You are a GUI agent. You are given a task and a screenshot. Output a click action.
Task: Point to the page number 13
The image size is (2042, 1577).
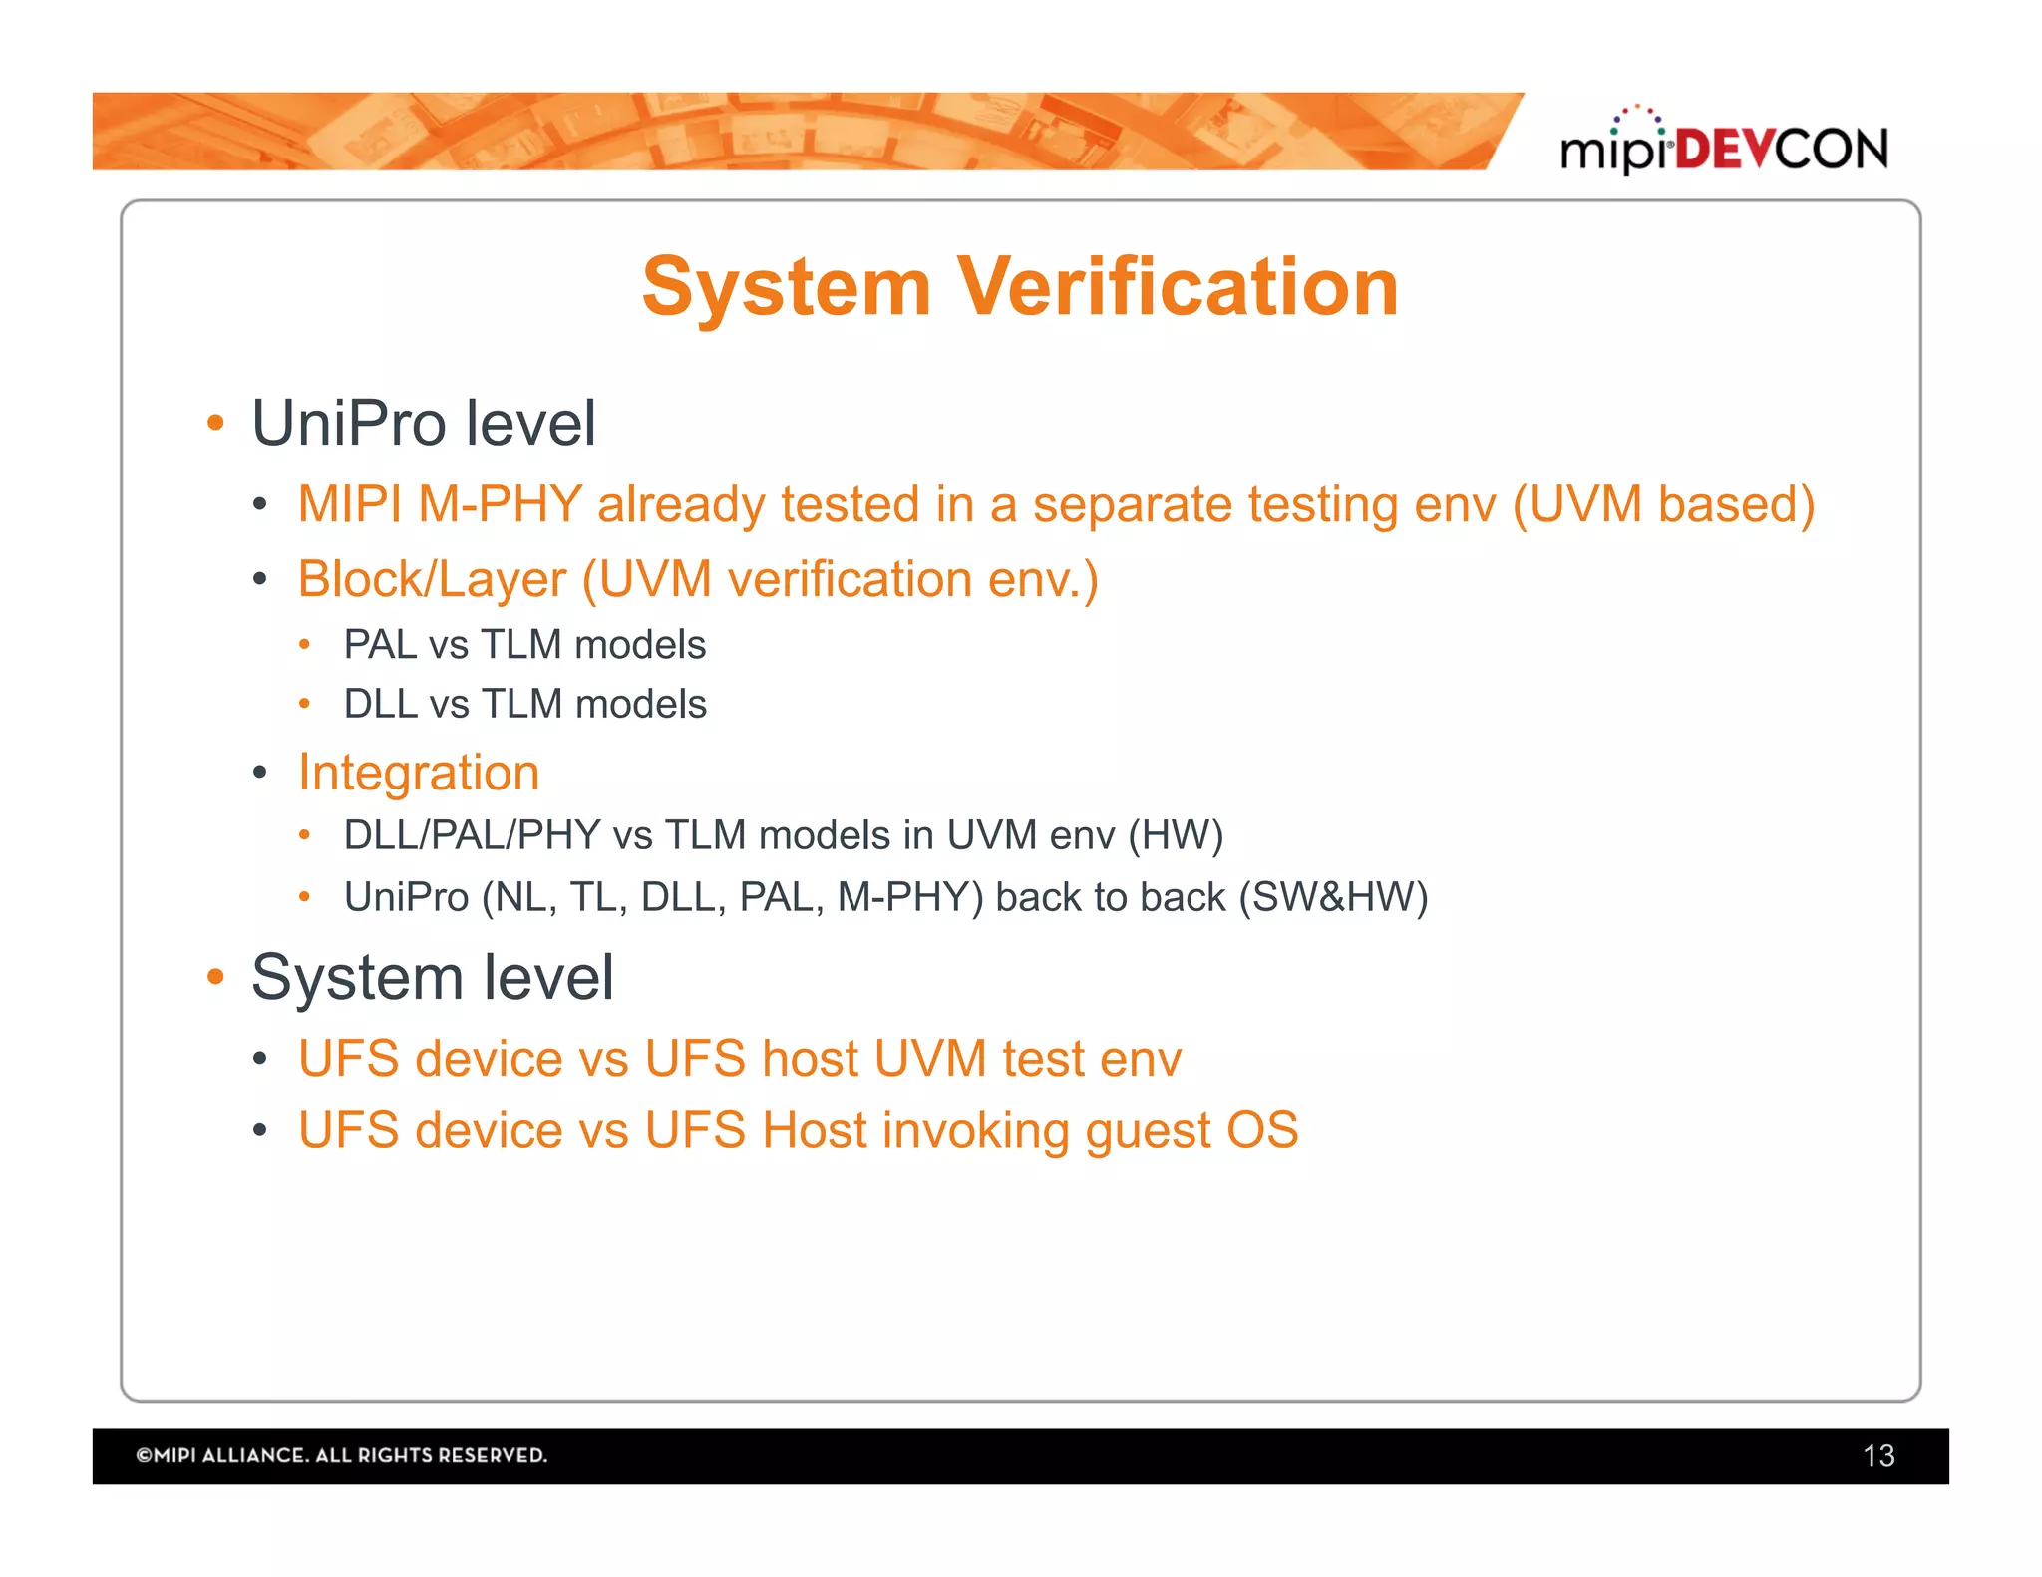tap(1878, 1456)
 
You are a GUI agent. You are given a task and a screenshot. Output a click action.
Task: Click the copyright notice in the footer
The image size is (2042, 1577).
tap(342, 1455)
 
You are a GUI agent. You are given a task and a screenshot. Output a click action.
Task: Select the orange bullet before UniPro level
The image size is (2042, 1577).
tap(215, 424)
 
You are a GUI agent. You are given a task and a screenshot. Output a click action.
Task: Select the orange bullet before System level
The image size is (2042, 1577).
tap(215, 977)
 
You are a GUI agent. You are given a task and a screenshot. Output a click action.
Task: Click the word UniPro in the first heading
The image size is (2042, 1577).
tap(349, 424)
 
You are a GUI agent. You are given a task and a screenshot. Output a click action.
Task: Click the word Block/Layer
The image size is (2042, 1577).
tap(432, 580)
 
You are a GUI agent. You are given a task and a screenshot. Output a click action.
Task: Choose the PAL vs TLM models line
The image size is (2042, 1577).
tap(524, 645)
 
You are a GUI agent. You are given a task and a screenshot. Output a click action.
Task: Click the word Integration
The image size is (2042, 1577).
tap(419, 773)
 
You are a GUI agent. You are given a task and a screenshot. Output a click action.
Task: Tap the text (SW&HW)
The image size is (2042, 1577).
tap(1333, 897)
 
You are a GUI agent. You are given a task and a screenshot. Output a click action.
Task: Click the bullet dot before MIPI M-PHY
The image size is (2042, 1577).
tap(260, 505)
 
